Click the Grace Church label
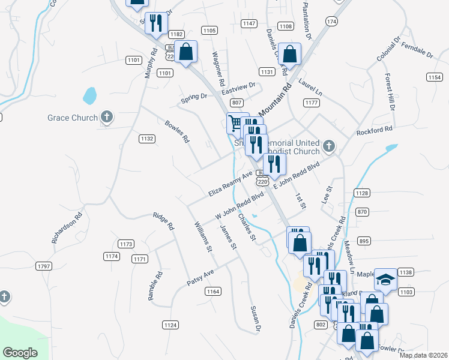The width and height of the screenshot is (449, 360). (72, 118)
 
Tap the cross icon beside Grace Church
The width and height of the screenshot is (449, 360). (107, 117)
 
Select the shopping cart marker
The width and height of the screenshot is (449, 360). (235, 124)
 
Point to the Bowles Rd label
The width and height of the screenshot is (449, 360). (177, 131)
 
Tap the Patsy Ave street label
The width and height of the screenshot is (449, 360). (200, 277)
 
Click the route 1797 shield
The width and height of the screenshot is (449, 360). (44, 266)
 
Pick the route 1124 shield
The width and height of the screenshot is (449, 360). (170, 325)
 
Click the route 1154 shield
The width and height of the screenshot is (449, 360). (434, 77)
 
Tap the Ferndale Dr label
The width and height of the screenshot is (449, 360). (417, 50)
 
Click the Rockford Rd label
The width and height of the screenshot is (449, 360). (374, 130)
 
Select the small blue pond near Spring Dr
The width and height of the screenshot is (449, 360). (89, 95)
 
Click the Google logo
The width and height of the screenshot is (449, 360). (20, 353)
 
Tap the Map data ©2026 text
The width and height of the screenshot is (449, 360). (423, 355)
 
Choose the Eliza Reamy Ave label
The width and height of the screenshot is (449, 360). (231, 185)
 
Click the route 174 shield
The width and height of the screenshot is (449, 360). (331, 21)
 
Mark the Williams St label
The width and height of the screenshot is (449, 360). (202, 236)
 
